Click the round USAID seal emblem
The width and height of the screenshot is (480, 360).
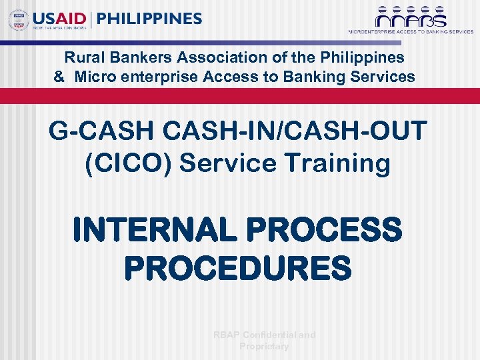19,20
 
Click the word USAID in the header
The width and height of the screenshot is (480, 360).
58,19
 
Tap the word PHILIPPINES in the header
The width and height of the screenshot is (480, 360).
149,19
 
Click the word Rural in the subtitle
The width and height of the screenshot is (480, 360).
81,58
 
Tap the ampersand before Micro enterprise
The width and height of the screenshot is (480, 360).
59,77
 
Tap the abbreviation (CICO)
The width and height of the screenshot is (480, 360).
127,163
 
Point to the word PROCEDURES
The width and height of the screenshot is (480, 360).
238,269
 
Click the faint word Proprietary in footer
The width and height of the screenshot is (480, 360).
264,346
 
